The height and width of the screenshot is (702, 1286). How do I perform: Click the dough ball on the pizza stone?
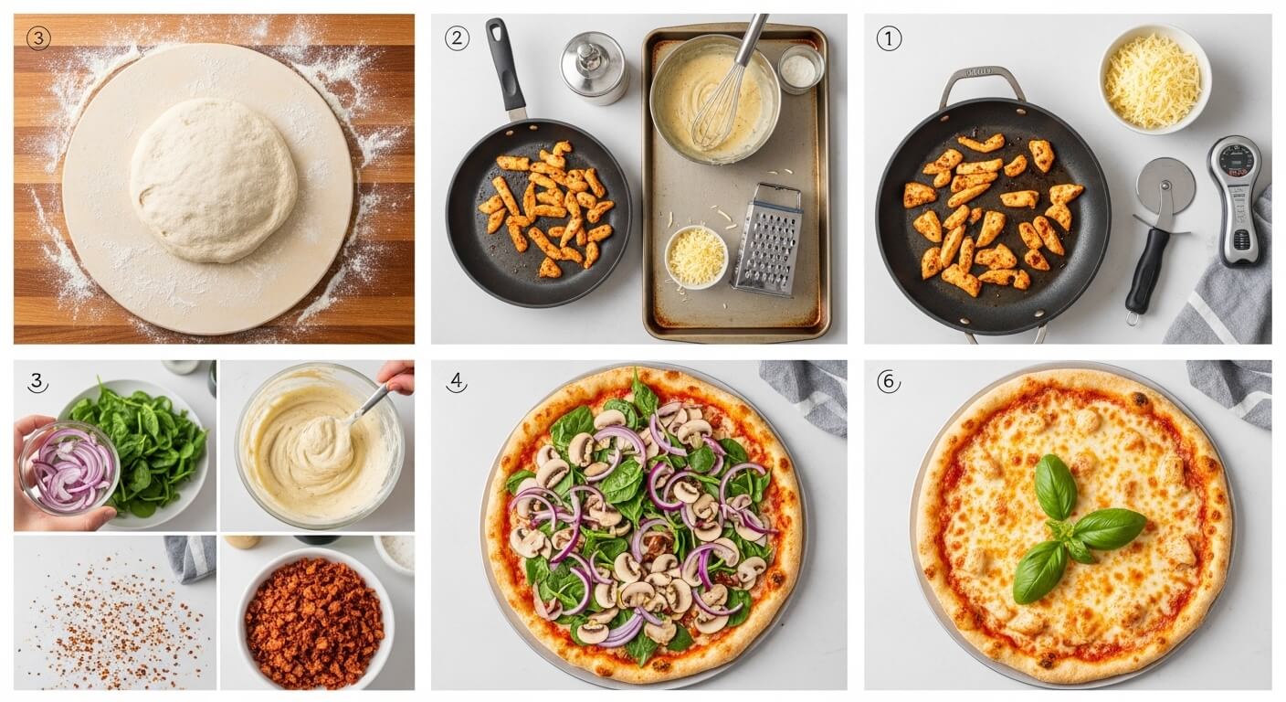click(213, 180)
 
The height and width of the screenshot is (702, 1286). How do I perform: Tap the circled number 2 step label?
click(456, 38)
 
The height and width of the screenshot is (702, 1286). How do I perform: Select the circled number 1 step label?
click(889, 38)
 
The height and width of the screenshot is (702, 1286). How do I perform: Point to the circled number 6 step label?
click(889, 381)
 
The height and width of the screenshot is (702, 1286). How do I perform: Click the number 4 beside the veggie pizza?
click(456, 382)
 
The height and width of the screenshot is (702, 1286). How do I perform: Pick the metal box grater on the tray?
click(767, 239)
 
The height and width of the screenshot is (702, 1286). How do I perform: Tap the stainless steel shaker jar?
click(594, 67)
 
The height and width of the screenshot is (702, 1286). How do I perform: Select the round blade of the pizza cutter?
click(1165, 186)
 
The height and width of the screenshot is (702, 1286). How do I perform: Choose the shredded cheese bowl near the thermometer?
click(1154, 80)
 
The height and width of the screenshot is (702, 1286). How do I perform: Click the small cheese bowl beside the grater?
click(696, 257)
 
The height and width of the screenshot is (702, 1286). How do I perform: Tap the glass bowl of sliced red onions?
click(69, 467)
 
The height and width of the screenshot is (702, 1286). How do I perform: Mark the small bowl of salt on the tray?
click(800, 69)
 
